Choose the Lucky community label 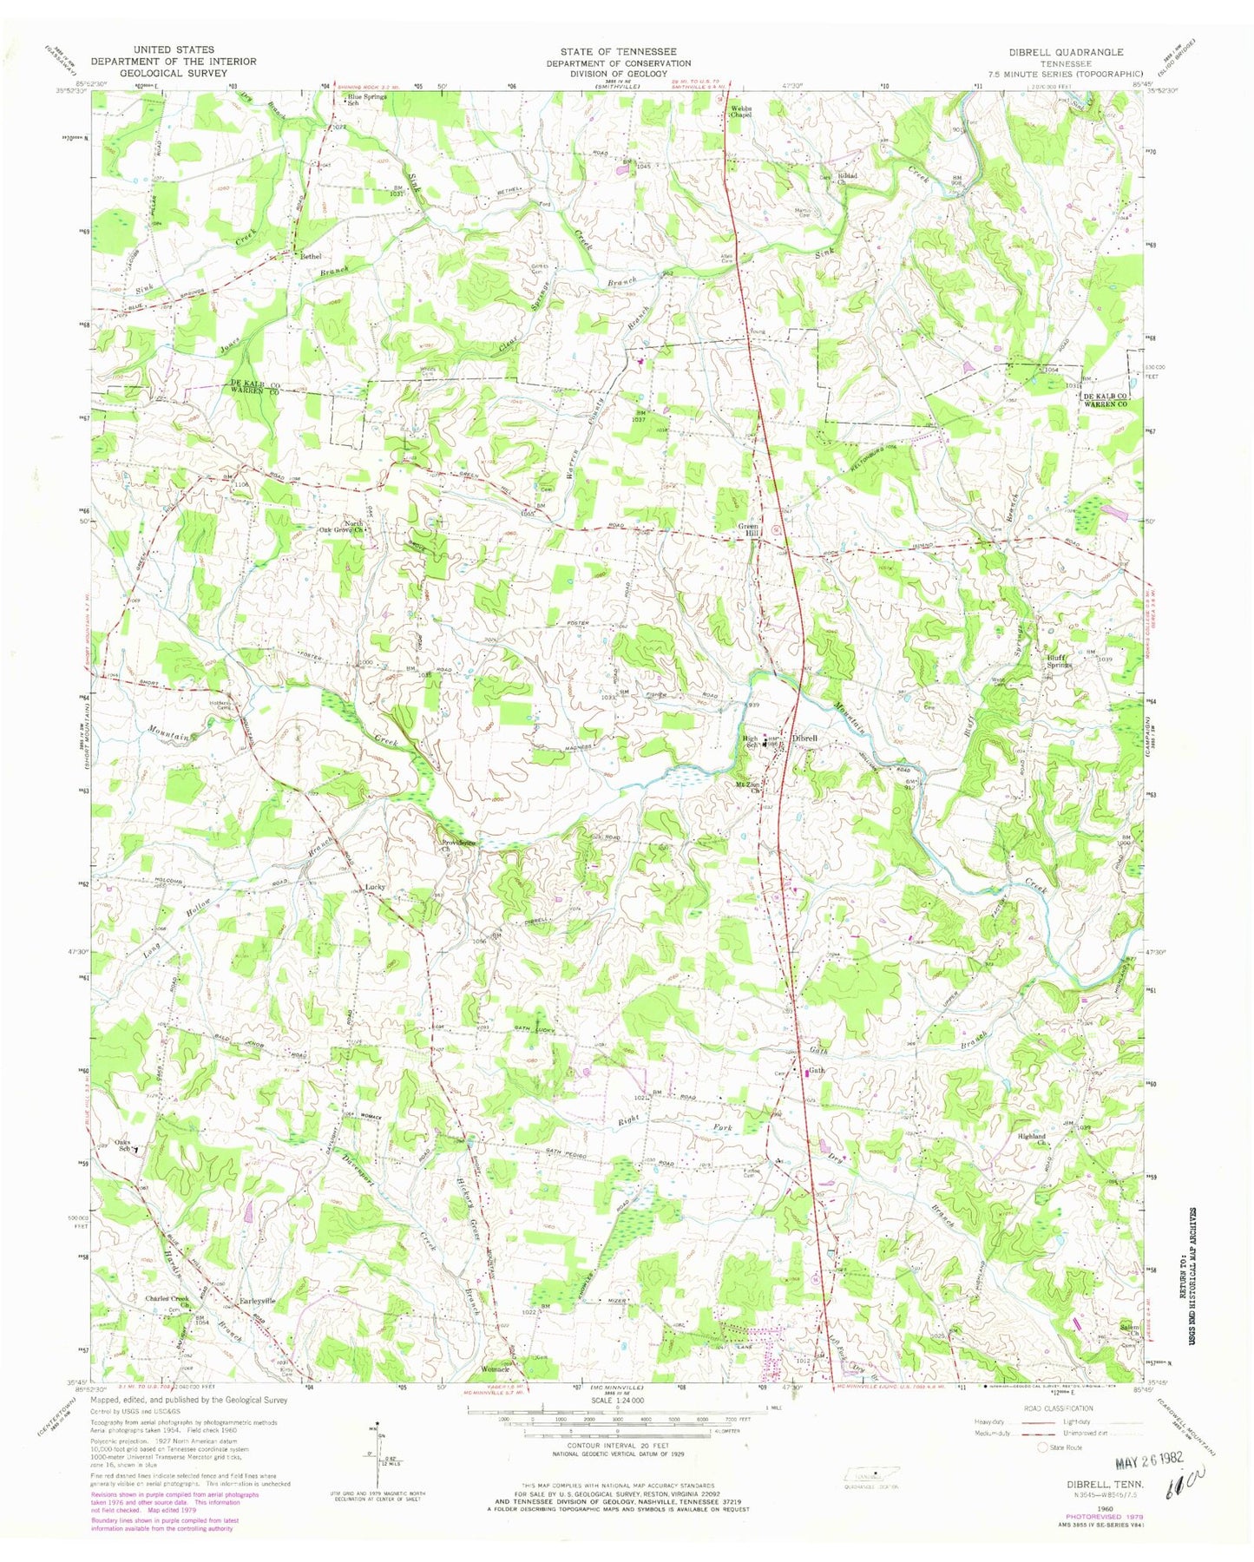pyautogui.click(x=375, y=887)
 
